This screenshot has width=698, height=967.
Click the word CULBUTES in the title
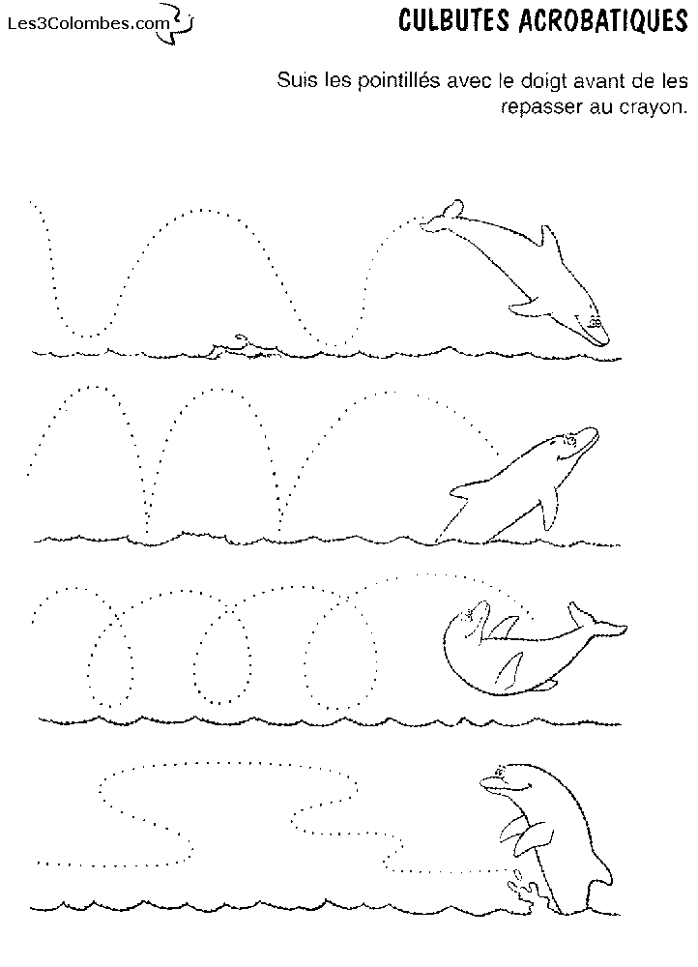pyautogui.click(x=453, y=20)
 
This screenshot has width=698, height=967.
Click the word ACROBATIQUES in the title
pyautogui.click(x=602, y=20)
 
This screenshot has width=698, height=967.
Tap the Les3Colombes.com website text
pyautogui.click(x=88, y=24)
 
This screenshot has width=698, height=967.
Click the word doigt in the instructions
pyautogui.click(x=545, y=81)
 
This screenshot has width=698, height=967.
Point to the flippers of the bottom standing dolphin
pyautogui.click(x=525, y=832)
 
